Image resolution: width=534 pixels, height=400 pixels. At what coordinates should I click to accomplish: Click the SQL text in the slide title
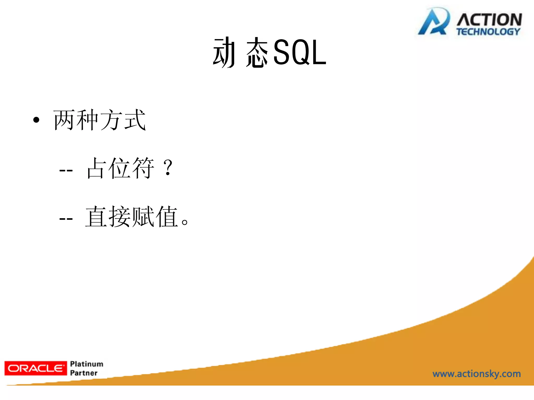pos(300,53)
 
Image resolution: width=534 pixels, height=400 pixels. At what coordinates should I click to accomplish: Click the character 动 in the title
pos(224,53)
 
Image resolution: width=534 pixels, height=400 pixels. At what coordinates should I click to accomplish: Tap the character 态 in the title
pos(257,53)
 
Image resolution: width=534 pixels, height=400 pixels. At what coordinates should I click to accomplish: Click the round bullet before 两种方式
pos(36,120)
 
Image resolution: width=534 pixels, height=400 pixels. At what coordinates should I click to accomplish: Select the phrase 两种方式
pos(99,120)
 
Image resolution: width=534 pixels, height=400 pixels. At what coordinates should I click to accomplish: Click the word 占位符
pos(120,168)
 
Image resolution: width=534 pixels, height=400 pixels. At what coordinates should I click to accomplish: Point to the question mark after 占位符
pos(168,168)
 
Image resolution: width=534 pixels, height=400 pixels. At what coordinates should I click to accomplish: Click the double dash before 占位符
pos(66,171)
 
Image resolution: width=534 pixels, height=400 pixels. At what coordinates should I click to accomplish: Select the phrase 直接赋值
pos(132,217)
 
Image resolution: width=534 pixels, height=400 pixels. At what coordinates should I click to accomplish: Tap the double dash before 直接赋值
pos(66,219)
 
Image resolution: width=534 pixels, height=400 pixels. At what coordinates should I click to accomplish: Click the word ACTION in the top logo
pos(489,20)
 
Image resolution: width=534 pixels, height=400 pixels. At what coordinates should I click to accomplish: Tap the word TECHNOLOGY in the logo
pos(488,32)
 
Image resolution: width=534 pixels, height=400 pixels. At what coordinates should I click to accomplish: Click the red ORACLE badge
pos(36,368)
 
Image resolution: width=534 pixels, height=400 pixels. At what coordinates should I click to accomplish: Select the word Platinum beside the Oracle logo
pos(87,364)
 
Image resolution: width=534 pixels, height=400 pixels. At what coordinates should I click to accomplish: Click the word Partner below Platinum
pos(84,373)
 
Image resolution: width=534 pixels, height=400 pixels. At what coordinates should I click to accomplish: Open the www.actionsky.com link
pos(476,374)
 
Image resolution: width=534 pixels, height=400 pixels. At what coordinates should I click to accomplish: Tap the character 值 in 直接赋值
pos(167,217)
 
